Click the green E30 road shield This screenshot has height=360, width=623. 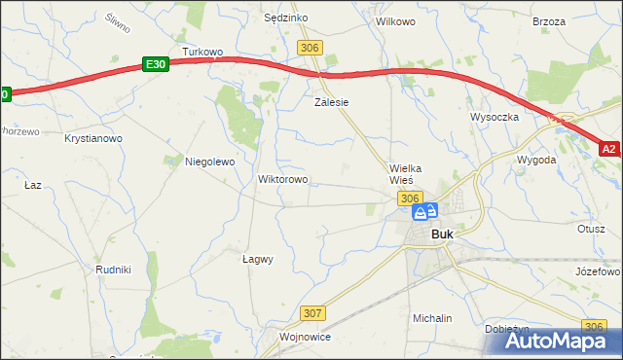(x=155, y=63)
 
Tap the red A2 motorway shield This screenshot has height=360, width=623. (x=608, y=149)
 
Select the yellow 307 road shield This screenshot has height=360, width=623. (x=312, y=313)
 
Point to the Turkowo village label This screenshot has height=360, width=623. (x=203, y=51)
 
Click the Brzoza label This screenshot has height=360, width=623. (x=549, y=20)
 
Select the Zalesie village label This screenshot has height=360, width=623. (x=331, y=101)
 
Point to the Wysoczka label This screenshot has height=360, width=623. (x=495, y=116)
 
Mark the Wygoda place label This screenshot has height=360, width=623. (x=536, y=159)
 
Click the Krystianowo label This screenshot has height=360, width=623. (x=93, y=139)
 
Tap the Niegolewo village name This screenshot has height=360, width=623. (x=210, y=162)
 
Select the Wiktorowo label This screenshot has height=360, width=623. (x=282, y=180)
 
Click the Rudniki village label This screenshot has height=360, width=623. (x=113, y=269)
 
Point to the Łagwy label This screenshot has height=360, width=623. (x=257, y=259)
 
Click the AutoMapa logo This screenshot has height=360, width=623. (x=554, y=341)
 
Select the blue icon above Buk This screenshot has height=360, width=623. (x=425, y=211)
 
